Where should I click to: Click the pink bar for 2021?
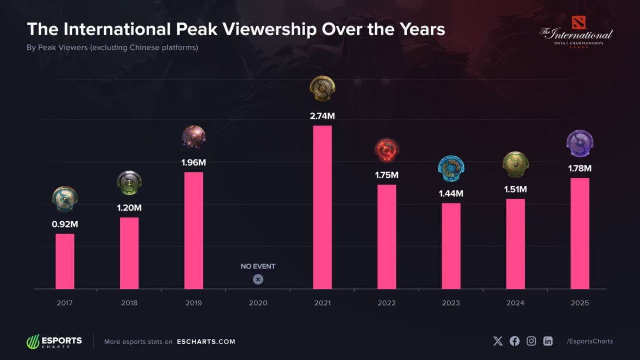[322, 207]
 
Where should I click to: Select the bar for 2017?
[65, 261]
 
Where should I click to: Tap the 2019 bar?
[194, 231]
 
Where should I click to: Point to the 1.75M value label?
[387, 175]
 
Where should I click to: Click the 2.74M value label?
[322, 116]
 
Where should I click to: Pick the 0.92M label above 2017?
[65, 224]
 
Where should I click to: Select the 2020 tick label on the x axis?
[258, 303]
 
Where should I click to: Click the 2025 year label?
[580, 303]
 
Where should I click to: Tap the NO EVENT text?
[258, 266]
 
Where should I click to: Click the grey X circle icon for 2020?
[258, 279]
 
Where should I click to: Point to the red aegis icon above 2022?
[387, 150]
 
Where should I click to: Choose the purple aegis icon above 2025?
[580, 143]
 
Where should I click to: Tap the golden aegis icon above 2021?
[322, 88]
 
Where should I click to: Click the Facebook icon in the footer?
[515, 341]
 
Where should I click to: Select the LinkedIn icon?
[548, 341]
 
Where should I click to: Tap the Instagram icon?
[531, 341]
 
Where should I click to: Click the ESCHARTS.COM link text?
[206, 341]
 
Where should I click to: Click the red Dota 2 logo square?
[579, 23]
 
